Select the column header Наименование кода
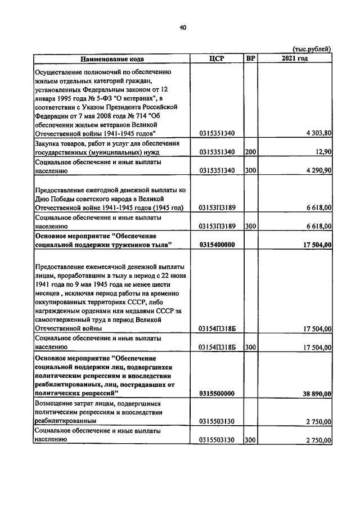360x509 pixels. pyautogui.click(x=111, y=58)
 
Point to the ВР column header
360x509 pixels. pyautogui.click(x=251, y=58)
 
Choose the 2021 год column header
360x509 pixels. pyautogui.click(x=295, y=58)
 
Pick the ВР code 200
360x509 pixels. pyautogui.click(x=251, y=152)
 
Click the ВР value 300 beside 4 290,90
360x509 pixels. pyautogui.click(x=251, y=170)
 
